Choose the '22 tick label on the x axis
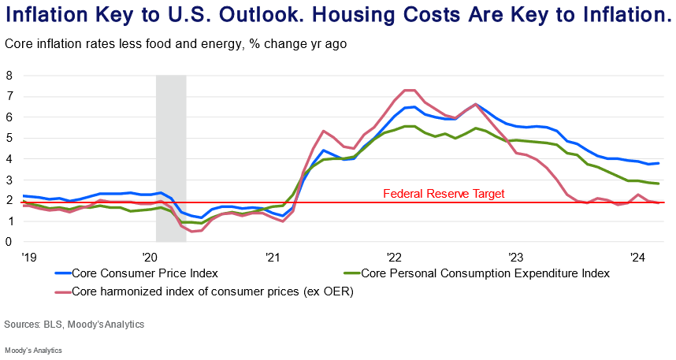point(395,257)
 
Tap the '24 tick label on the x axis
point(639,257)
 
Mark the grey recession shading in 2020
point(171,158)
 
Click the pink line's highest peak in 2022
point(409,90)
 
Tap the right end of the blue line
point(659,163)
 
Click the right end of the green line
point(659,184)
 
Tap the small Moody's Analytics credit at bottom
point(33,350)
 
